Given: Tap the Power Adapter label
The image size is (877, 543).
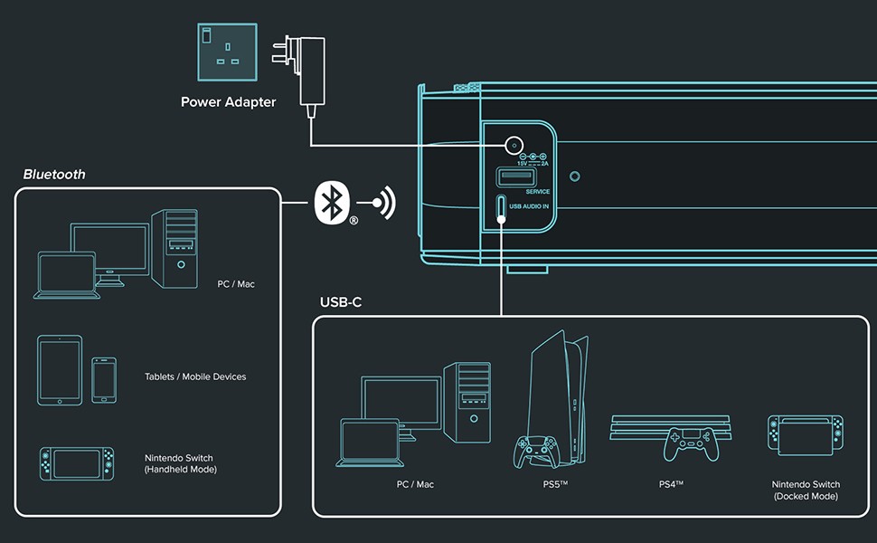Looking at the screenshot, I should coord(228,102).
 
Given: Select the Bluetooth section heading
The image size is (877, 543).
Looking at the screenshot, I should coord(54,174).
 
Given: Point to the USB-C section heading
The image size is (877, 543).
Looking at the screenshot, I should coord(341,301).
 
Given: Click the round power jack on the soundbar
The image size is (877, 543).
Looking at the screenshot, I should coord(514,145).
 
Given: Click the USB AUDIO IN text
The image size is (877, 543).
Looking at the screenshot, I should coord(529,207).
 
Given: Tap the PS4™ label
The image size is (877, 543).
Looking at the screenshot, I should coord(671,485).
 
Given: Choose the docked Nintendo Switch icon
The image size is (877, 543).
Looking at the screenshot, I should coord(806,435).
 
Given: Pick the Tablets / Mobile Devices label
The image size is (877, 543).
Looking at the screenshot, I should coord(195,376).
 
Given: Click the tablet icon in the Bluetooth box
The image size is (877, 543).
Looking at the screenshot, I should coord(60,369).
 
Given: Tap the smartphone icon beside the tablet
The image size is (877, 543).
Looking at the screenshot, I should coord(104,379).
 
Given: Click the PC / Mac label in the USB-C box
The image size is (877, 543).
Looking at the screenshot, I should coord(415,485).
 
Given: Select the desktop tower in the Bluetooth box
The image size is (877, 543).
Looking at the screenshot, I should coord(174,248).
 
